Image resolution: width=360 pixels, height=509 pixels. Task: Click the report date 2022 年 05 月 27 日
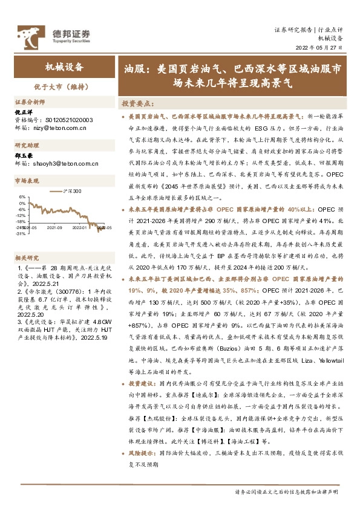tap(319, 47)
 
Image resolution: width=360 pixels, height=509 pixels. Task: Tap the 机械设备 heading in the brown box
tap(65, 67)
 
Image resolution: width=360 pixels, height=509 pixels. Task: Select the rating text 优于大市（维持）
tap(65, 86)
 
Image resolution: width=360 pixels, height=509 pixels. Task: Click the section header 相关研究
tap(27, 257)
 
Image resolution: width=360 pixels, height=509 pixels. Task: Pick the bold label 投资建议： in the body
tap(142, 384)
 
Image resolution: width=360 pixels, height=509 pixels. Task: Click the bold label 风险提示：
tap(142, 452)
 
